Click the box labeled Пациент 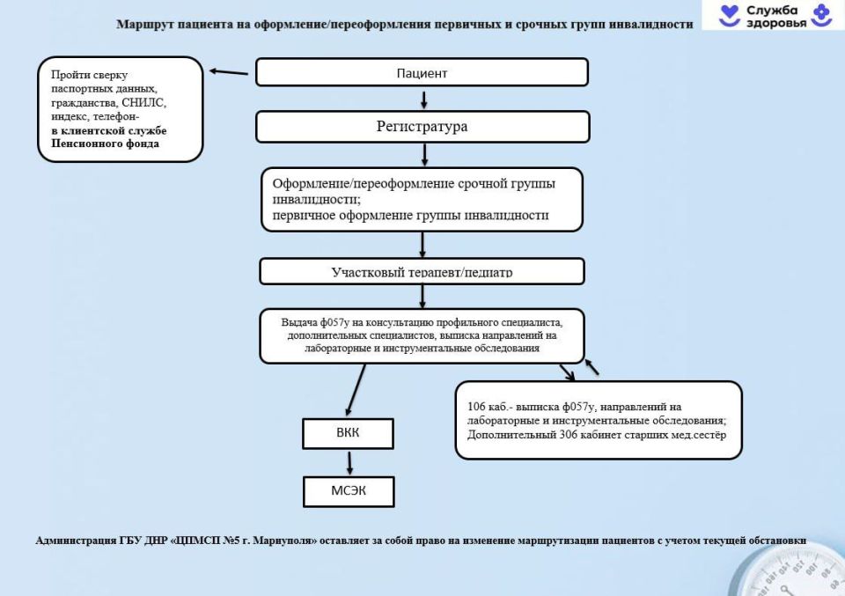422,73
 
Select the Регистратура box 422,127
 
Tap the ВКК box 349,433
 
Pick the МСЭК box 349,490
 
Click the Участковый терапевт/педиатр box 422,271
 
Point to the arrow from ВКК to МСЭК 349,462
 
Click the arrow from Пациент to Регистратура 423,99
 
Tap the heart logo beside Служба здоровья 730,15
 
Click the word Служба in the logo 772,10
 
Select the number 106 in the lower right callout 477,407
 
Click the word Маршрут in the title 141,25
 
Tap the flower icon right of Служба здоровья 820,15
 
